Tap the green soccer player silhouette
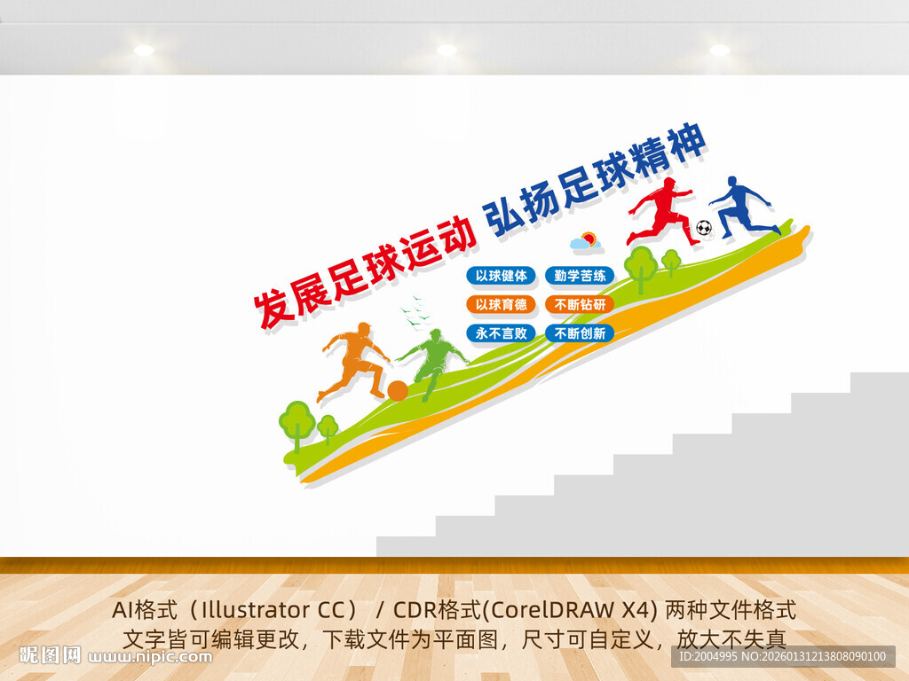[434, 360]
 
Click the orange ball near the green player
[398, 390]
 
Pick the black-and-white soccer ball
[704, 228]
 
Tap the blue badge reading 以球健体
[502, 276]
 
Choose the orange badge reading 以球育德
[502, 305]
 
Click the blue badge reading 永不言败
[502, 334]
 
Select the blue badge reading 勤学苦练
[580, 276]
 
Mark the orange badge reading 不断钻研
[580, 305]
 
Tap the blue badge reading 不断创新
[580, 334]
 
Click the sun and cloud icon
[585, 240]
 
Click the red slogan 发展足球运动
[363, 270]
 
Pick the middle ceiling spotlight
[447, 51]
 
